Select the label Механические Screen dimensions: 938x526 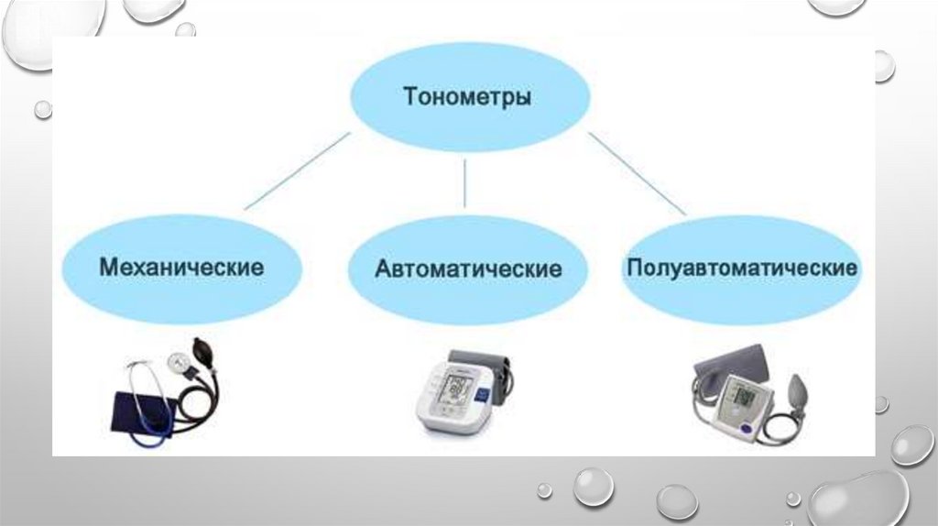181,268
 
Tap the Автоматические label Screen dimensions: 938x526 467,269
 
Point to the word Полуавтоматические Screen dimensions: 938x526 742,268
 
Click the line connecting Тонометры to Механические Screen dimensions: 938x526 299,170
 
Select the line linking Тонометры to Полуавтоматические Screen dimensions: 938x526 636,173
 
